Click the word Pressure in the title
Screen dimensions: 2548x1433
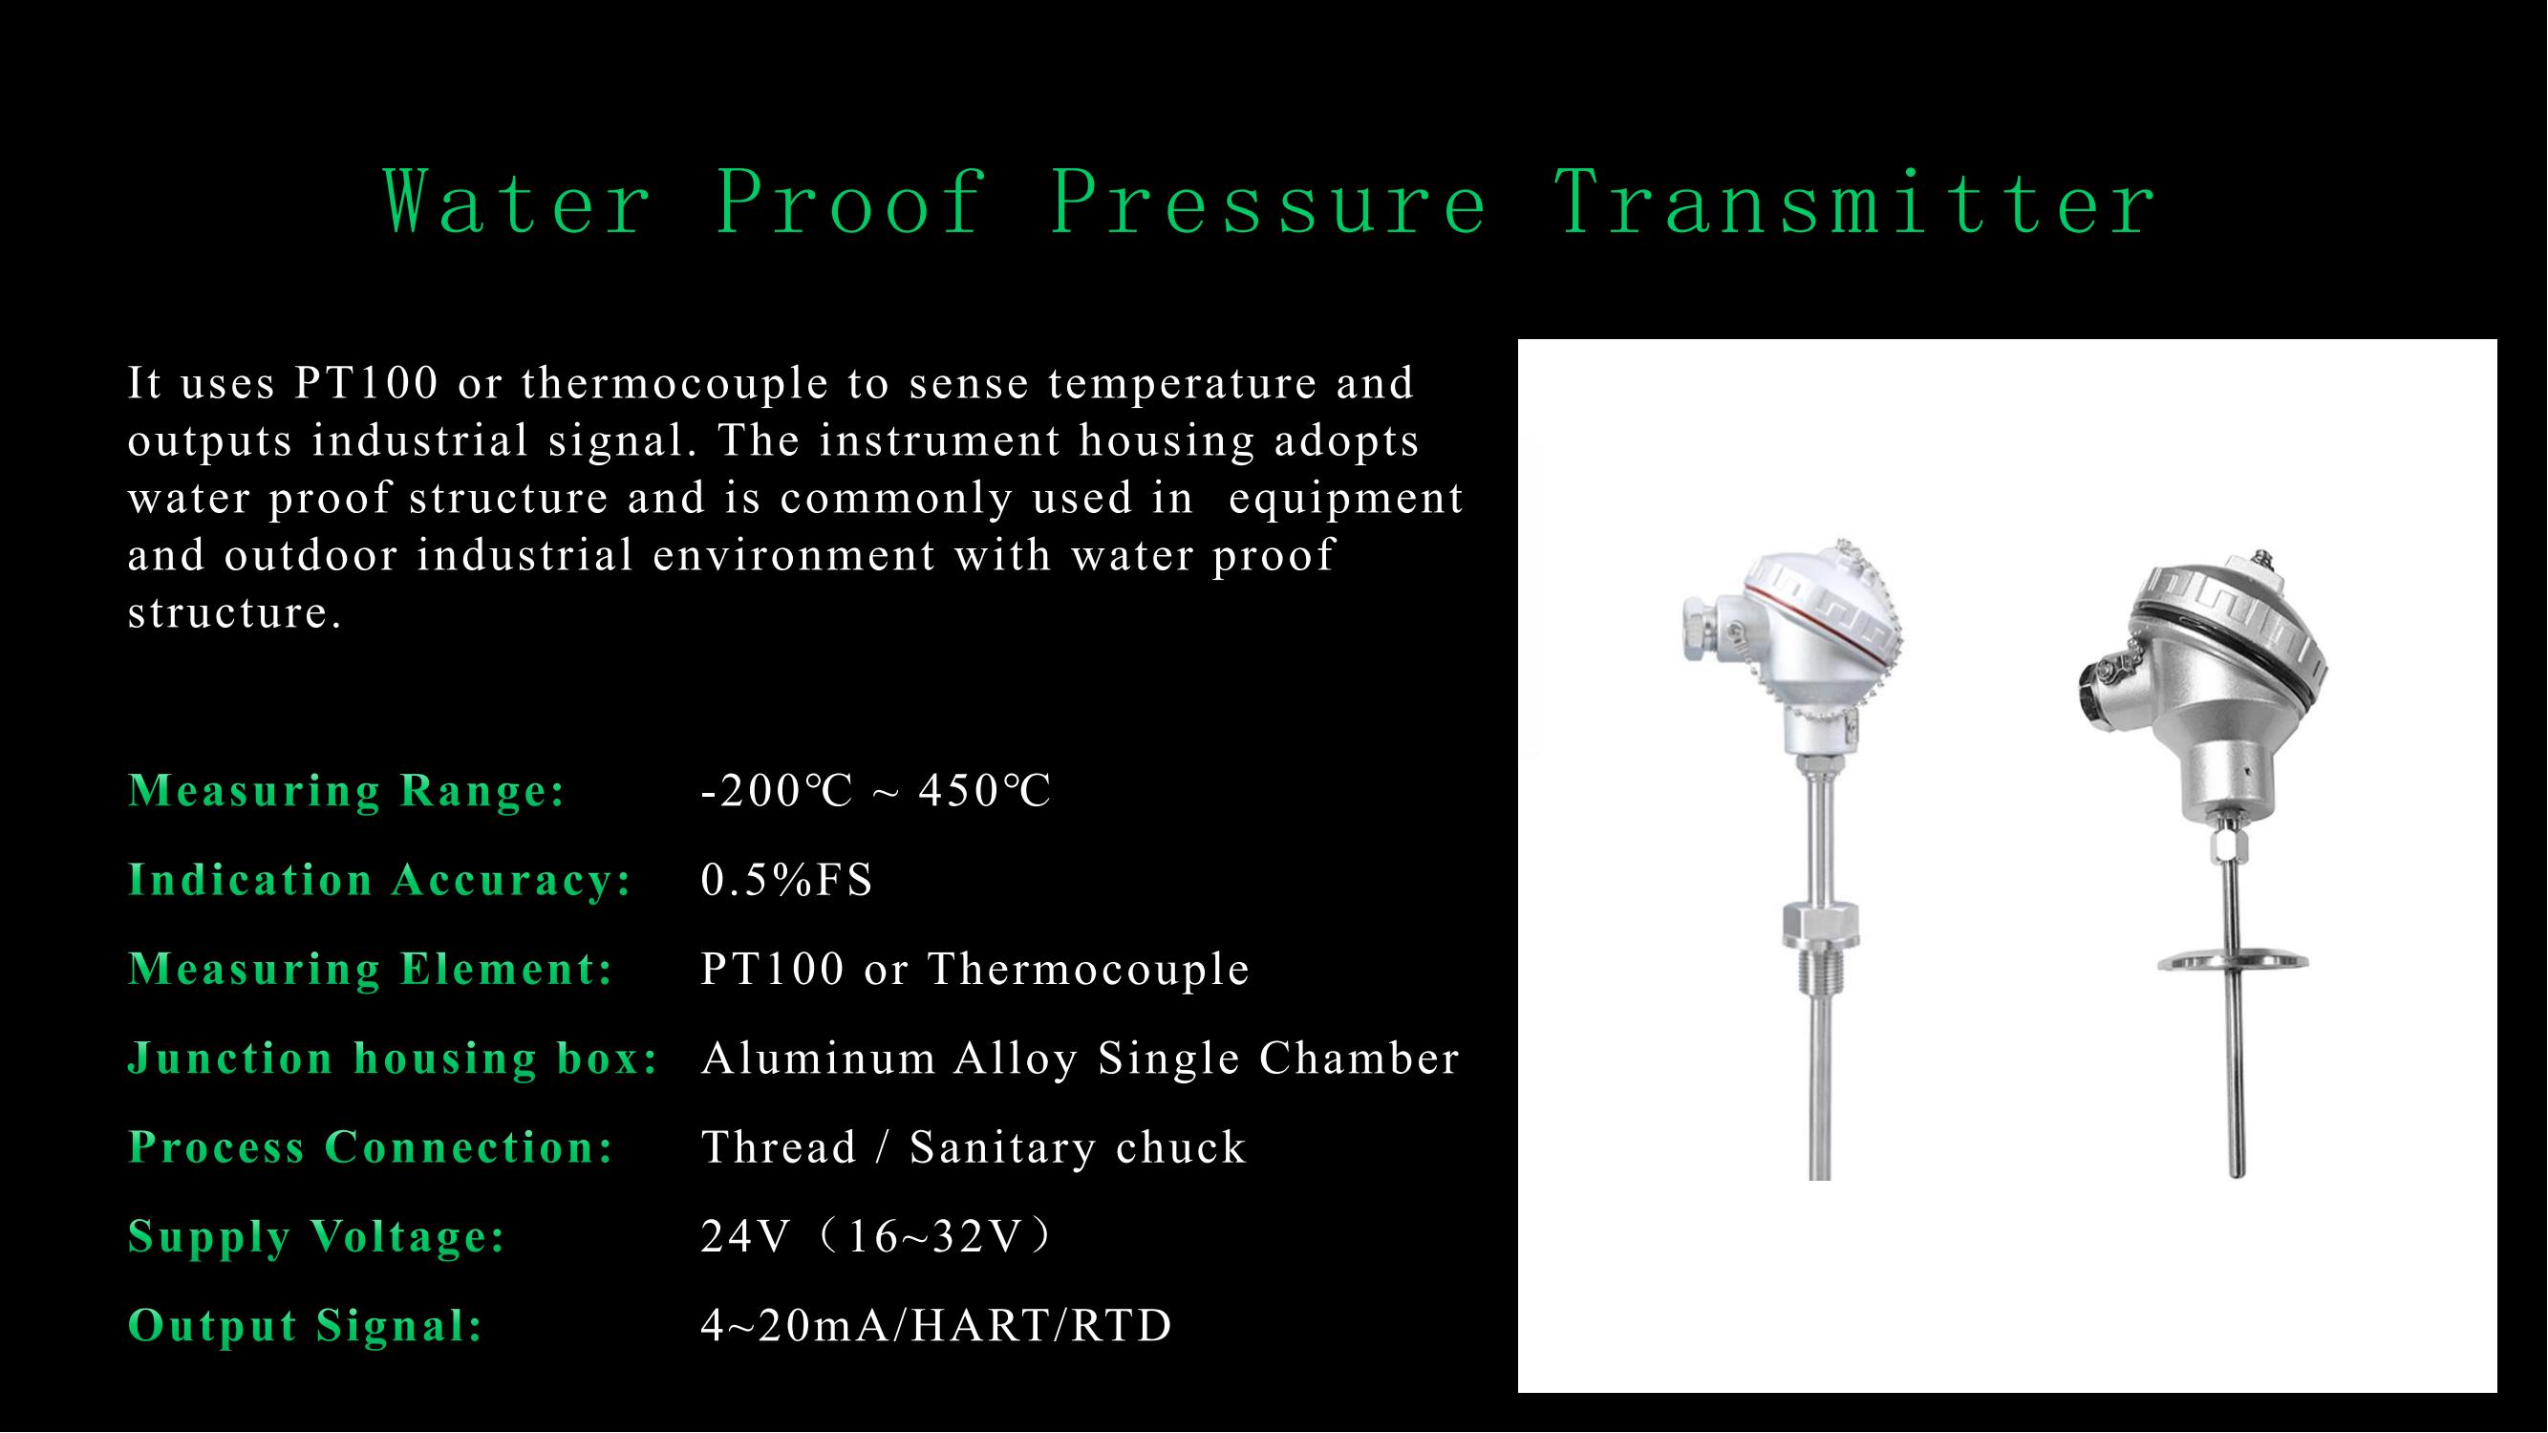(x=1269, y=203)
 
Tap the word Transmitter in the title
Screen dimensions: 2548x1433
(x=1855, y=203)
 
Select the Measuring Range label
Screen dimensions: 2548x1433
(x=346, y=790)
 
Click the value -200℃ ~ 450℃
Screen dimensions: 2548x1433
(x=875, y=791)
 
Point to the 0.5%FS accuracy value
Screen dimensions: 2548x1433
(x=786, y=879)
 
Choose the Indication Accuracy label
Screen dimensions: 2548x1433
(x=380, y=880)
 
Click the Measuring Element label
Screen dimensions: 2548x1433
(x=371, y=969)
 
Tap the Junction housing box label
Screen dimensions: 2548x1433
(x=394, y=1059)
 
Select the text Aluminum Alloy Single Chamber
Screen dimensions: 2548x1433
(x=1081, y=1059)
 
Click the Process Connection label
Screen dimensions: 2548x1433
(x=371, y=1147)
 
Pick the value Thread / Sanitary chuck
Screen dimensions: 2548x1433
(x=974, y=1147)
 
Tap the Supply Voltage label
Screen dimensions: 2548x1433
(x=316, y=1236)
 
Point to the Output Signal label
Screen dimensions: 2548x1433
(x=306, y=1325)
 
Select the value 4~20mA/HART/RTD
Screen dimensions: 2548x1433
(x=935, y=1326)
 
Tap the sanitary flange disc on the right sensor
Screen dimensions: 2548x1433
(x=2234, y=958)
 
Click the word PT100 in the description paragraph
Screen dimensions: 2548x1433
(x=366, y=383)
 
